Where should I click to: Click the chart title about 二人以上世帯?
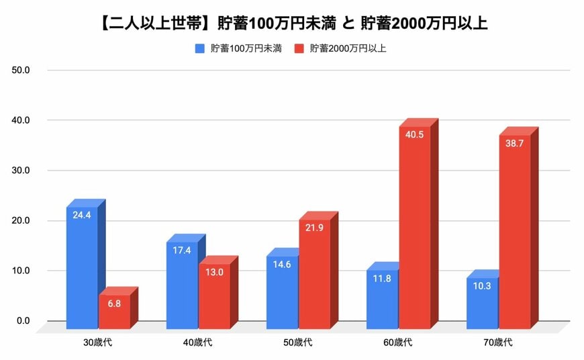coord(291,24)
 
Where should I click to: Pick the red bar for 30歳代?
coord(114,312)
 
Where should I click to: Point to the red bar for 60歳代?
coord(414,228)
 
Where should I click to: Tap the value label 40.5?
coord(414,134)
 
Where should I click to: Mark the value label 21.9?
coord(314,228)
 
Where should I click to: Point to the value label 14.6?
coord(282,264)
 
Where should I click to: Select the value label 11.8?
coord(382,278)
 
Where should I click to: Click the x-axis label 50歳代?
coord(298,343)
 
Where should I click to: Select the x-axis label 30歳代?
coord(98,343)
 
